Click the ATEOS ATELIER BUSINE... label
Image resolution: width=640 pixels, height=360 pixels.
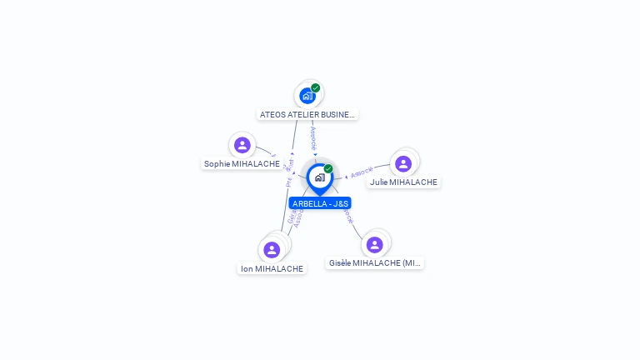click(x=307, y=114)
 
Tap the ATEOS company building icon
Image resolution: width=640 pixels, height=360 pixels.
click(x=307, y=96)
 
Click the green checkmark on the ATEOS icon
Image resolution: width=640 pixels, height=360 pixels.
click(x=316, y=87)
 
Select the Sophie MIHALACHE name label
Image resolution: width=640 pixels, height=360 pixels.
click(x=242, y=164)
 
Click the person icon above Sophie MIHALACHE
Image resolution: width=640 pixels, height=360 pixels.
click(x=242, y=146)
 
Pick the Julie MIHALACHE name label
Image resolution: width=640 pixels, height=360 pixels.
click(x=403, y=182)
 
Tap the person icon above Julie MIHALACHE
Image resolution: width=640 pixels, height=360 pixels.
click(x=403, y=163)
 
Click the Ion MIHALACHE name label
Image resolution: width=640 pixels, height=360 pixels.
click(x=272, y=268)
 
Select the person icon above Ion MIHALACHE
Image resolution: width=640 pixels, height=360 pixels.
click(x=272, y=249)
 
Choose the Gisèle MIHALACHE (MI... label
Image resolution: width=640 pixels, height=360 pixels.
click(x=375, y=262)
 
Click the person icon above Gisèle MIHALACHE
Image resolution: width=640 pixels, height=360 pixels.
click(x=375, y=244)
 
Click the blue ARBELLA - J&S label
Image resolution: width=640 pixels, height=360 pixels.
click(x=320, y=203)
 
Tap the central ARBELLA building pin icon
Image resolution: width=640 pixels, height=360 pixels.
click(x=319, y=177)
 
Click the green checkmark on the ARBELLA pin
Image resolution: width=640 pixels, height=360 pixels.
click(x=328, y=168)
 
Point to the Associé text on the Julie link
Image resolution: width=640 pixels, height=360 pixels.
click(x=362, y=172)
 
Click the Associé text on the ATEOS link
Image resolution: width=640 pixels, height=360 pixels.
click(x=313, y=137)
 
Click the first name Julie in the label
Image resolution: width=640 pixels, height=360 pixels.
click(x=379, y=182)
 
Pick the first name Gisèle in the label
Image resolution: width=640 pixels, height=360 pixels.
click(x=340, y=262)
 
